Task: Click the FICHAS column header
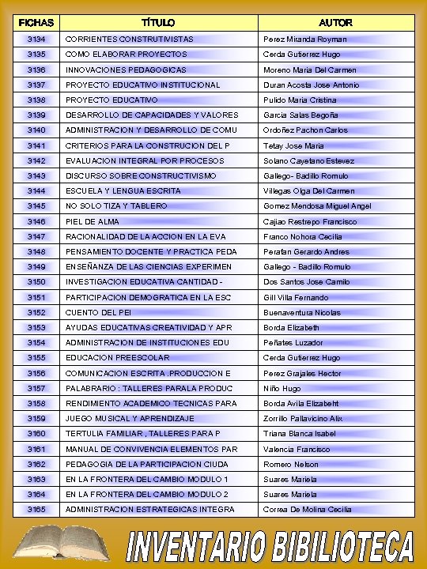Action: (x=36, y=23)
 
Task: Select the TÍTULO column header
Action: (x=158, y=23)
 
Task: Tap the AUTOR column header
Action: (x=336, y=23)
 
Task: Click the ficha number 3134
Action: (x=36, y=39)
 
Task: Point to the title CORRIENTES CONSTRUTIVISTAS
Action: (x=129, y=39)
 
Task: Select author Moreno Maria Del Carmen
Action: (x=310, y=70)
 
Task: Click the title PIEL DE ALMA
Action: (x=93, y=221)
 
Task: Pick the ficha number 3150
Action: (x=36, y=282)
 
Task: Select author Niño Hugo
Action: (x=282, y=388)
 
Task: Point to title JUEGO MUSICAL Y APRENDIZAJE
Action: (x=130, y=418)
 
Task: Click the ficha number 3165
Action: (x=36, y=510)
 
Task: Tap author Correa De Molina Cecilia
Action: (x=308, y=510)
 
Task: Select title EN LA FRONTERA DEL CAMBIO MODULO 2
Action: (x=146, y=494)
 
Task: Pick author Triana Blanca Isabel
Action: (x=300, y=433)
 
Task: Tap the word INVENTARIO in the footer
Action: (x=198, y=548)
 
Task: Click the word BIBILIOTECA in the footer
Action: (x=343, y=548)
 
